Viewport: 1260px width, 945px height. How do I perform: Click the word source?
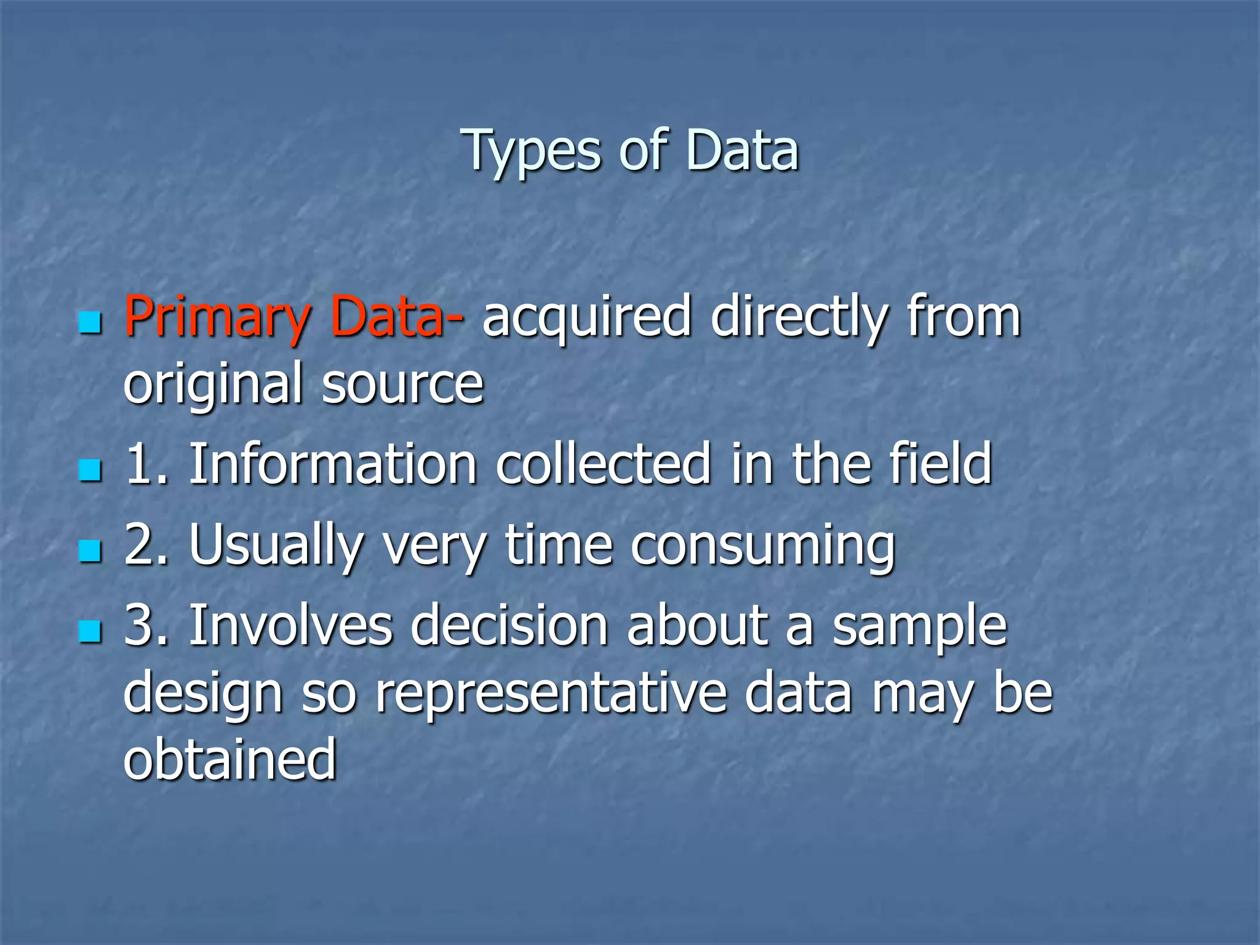point(403,385)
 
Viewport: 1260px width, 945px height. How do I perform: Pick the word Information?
point(333,464)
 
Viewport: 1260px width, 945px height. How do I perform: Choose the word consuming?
point(763,545)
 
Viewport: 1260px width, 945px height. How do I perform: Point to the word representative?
point(551,693)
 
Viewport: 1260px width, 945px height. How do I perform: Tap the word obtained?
point(230,760)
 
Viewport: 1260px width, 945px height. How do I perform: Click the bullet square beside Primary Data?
point(90,322)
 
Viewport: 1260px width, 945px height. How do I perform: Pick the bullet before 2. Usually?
point(90,550)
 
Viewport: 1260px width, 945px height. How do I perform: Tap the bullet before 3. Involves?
point(90,631)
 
